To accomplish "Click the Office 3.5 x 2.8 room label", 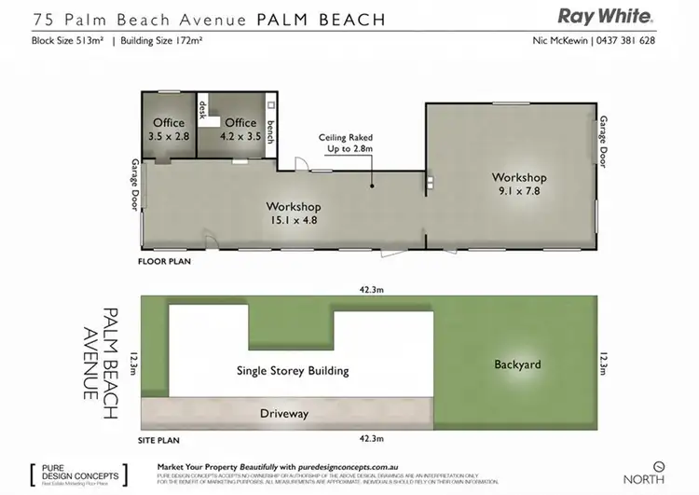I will click(168, 130).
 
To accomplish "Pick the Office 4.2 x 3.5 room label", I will click(240, 130).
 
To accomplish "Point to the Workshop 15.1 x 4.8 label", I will click(293, 213).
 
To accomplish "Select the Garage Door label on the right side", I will click(604, 142).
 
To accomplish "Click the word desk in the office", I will click(201, 111).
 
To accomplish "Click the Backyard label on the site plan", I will click(517, 364).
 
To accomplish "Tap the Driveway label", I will click(284, 413).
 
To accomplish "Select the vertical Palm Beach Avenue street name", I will click(100, 353).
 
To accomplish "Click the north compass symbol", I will click(659, 464).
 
